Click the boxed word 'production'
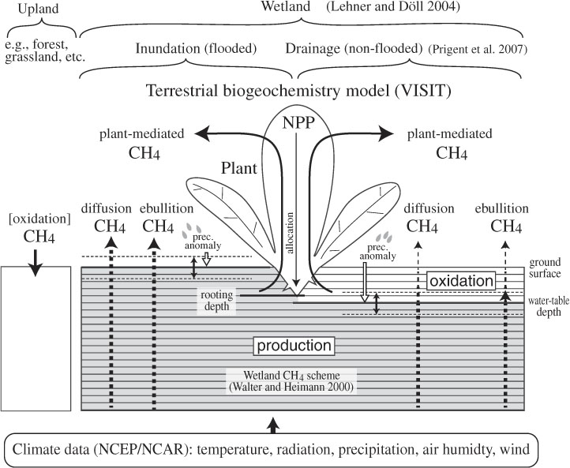click(294, 346)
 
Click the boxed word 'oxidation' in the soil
click(461, 281)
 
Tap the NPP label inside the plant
click(298, 123)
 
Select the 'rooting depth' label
click(216, 300)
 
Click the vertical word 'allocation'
click(290, 233)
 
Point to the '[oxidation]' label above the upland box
click(39, 219)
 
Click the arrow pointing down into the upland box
click(36, 262)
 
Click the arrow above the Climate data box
click(273, 425)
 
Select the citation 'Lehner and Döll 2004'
click(393, 7)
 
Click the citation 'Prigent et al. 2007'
click(478, 49)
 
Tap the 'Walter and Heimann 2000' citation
click(291, 387)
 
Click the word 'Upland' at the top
click(38, 9)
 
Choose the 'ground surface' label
click(545, 268)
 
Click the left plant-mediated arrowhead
click(202, 133)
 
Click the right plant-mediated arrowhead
click(386, 133)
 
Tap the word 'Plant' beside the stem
click(239, 168)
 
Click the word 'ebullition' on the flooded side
click(167, 208)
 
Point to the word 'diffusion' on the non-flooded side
click(429, 208)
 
